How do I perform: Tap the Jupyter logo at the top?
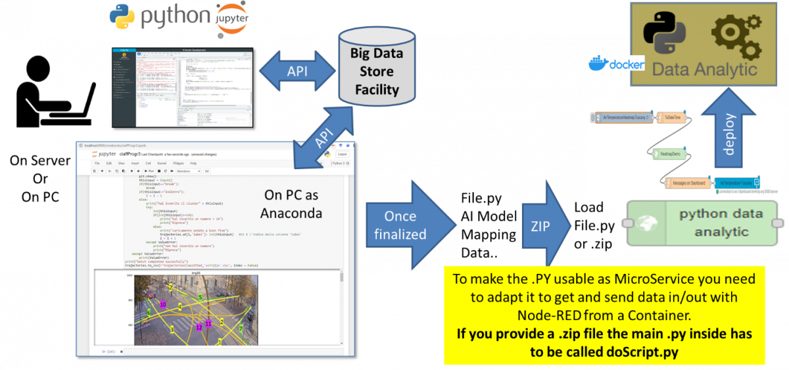click(x=232, y=19)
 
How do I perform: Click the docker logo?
click(x=616, y=65)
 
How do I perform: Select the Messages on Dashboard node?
click(x=688, y=182)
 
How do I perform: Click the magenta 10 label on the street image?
click(x=162, y=304)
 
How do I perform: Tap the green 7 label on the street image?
click(x=241, y=329)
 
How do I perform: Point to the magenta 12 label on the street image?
click(x=199, y=327)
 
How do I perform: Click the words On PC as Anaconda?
click(x=291, y=203)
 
